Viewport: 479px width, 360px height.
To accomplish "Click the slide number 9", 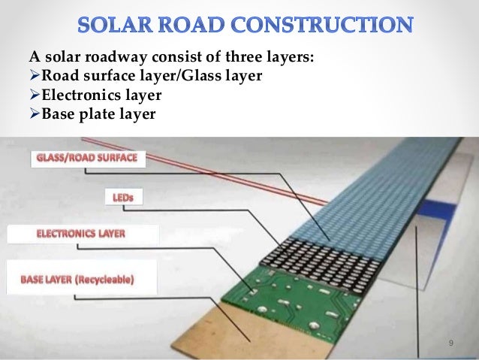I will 450,343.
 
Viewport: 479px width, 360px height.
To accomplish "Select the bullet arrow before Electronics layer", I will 34,97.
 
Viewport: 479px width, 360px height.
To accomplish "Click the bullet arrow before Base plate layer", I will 34,114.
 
